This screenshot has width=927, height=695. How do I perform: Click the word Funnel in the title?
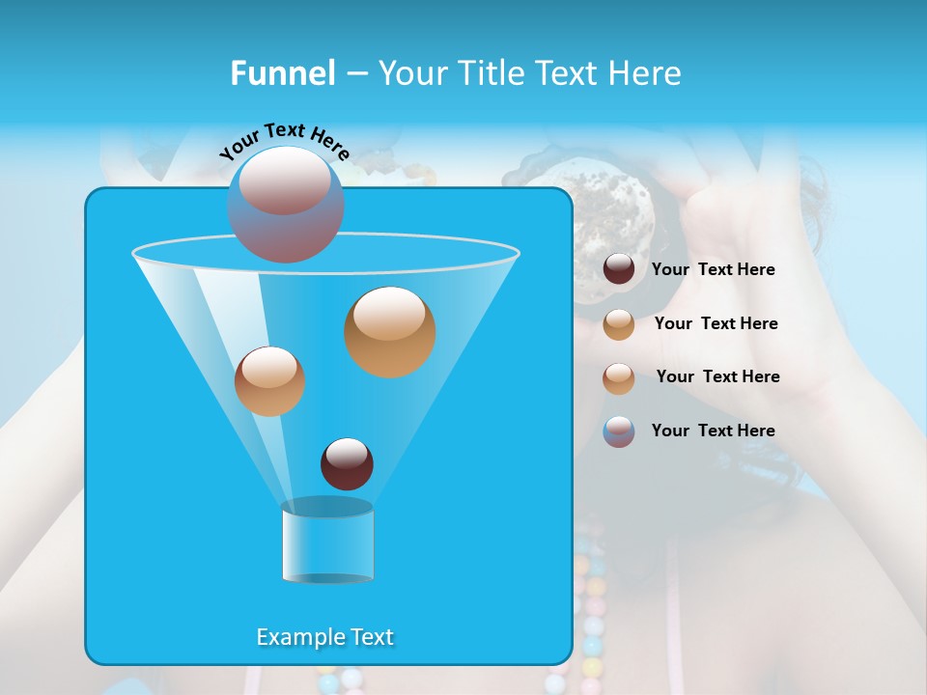(x=282, y=73)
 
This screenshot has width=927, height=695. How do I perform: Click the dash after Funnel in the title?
(x=355, y=74)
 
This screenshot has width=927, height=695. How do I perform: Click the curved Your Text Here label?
(x=284, y=143)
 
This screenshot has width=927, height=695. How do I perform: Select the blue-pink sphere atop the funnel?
(x=285, y=205)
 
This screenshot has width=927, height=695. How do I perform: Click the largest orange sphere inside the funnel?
(x=389, y=331)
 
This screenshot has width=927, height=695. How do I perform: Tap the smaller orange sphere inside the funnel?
(x=269, y=381)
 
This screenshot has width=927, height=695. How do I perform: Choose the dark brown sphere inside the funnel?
(x=347, y=464)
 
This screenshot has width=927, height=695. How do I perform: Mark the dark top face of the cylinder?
(x=327, y=508)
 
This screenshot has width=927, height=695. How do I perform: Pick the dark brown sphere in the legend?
(x=619, y=269)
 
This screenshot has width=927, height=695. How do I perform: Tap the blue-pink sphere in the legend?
(x=619, y=431)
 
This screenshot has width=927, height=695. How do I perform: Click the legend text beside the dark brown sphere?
(x=713, y=270)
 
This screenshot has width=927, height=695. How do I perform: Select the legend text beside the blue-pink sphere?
(x=713, y=431)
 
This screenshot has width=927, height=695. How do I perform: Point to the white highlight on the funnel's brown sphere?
(x=347, y=451)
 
